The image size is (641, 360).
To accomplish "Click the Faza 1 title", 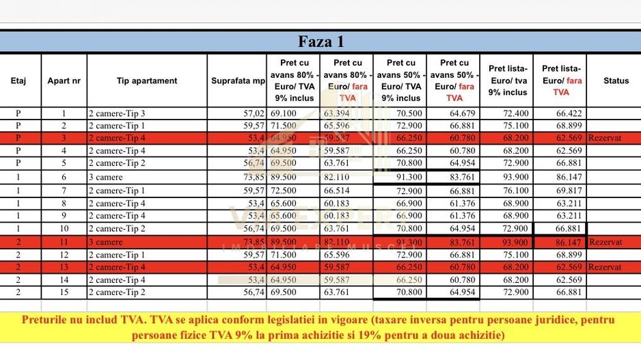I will click(x=320, y=42).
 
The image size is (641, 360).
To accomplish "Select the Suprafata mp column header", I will click(x=238, y=81).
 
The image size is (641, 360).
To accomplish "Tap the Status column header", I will click(x=616, y=81).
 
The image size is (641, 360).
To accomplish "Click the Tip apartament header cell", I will click(x=147, y=81).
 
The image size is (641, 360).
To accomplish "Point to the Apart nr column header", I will click(x=64, y=81).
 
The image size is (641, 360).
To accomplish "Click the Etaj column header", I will click(x=19, y=81).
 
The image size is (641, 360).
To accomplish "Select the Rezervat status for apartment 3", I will click(x=605, y=138).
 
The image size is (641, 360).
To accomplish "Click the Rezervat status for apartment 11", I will click(x=605, y=241).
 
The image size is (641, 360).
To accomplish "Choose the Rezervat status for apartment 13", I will click(x=605, y=267).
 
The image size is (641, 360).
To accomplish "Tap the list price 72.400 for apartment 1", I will click(x=507, y=113).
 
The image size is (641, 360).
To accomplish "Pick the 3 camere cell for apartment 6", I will click(x=106, y=177).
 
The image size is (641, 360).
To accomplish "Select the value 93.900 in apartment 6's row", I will click(x=507, y=177).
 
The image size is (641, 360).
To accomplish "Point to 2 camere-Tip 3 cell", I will click(x=117, y=113).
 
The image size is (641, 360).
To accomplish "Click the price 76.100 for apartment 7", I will click(x=507, y=190).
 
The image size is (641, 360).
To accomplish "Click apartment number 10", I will click(x=64, y=229).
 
